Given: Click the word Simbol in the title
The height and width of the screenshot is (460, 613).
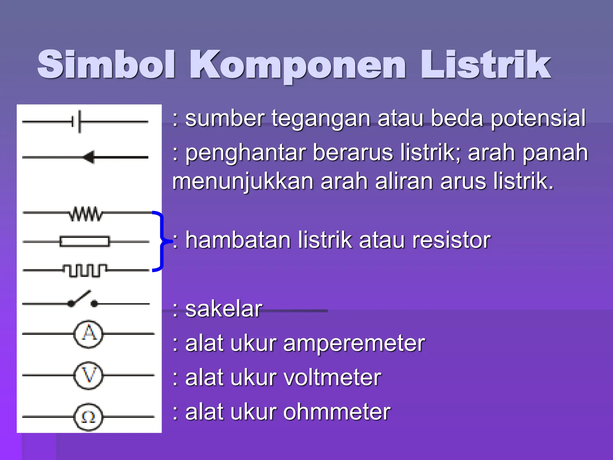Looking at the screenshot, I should pyautogui.click(x=106, y=64).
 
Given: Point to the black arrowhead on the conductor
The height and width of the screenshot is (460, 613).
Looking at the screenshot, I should pyautogui.click(x=89, y=157).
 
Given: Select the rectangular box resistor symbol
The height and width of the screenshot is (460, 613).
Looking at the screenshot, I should pyautogui.click(x=85, y=241).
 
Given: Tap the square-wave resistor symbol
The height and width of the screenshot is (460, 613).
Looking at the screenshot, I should pyautogui.click(x=85, y=270).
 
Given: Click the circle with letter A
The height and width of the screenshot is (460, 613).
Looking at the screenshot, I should pyautogui.click(x=88, y=334).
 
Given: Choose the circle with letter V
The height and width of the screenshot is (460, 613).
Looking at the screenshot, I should pyautogui.click(x=88, y=375).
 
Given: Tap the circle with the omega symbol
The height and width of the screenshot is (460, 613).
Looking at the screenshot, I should pyautogui.click(x=88, y=417).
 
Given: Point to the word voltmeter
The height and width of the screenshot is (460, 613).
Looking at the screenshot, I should pyautogui.click(x=332, y=378).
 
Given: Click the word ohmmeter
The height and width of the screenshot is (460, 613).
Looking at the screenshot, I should pyautogui.click(x=337, y=412).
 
